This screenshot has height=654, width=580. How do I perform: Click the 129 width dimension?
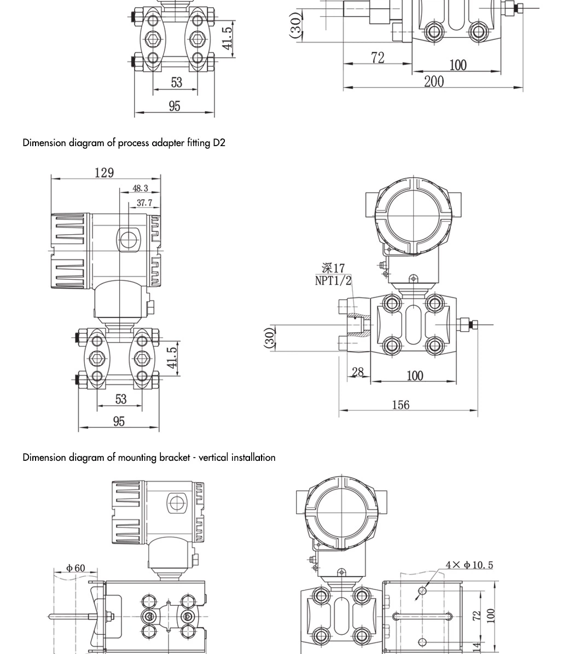click(x=104, y=172)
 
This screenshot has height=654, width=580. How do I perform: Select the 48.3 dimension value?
click(x=140, y=188)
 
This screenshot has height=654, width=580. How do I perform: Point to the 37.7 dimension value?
click(x=144, y=203)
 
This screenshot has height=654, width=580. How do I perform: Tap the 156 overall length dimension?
click(x=401, y=405)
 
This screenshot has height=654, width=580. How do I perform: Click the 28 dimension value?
click(x=358, y=372)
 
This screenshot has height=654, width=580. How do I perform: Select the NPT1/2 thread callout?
click(x=333, y=281)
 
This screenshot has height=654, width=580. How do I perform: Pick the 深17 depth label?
click(x=333, y=268)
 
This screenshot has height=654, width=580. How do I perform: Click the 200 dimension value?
click(x=434, y=82)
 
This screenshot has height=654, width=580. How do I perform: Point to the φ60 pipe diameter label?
click(x=76, y=568)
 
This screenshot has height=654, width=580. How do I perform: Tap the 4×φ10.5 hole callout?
click(x=469, y=565)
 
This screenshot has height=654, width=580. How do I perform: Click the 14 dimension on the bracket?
click(x=477, y=647)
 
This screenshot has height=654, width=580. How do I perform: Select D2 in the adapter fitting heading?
click(x=219, y=143)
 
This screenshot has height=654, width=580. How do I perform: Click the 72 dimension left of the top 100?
click(x=378, y=57)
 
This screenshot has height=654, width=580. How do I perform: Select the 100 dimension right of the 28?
click(x=415, y=376)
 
